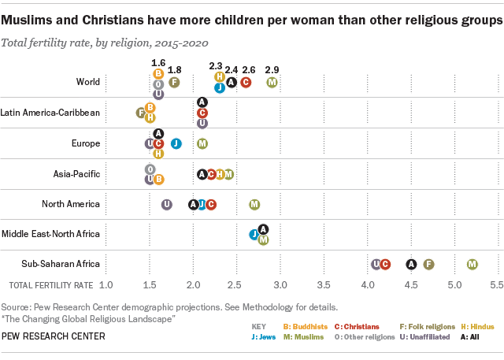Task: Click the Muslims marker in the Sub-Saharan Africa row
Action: pyautogui.click(x=472, y=265)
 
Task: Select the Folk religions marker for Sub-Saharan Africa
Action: pyautogui.click(x=429, y=265)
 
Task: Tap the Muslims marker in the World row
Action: pyautogui.click(x=272, y=82)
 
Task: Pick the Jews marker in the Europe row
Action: pyautogui.click(x=176, y=143)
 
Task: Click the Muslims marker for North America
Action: pyautogui.click(x=254, y=204)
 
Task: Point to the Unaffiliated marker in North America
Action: pyautogui.click(x=167, y=204)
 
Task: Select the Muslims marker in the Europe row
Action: pyautogui.click(x=202, y=143)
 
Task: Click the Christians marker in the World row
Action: pyautogui.click(x=246, y=82)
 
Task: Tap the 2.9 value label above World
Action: pyautogui.click(x=272, y=70)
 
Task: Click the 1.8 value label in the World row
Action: pyautogui.click(x=175, y=70)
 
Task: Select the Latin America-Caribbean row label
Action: pyautogui.click(x=50, y=113)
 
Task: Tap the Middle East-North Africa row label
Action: pyautogui.click(x=50, y=234)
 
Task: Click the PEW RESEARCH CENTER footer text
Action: pyautogui.click(x=53, y=336)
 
